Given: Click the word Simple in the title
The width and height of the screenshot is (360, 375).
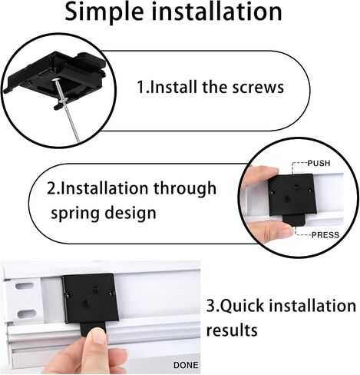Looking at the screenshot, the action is coord(104,13).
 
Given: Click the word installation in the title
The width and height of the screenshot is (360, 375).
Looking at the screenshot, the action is coord(217,12).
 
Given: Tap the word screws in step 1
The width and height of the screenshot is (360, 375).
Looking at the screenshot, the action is coord(258,88).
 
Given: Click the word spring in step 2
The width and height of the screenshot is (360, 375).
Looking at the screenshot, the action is coord(74,214).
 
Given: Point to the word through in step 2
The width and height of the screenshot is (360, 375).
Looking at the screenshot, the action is coord(185,188).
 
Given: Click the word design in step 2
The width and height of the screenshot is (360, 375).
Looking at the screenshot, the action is coord(130,213).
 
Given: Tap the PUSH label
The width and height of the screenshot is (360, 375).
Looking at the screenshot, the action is coord(319,163).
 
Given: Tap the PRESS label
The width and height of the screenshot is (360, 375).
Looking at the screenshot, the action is coord(325,235).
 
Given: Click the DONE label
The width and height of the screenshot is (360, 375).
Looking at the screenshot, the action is coord(186,365).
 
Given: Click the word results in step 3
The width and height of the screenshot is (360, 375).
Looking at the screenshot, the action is coord(232,330).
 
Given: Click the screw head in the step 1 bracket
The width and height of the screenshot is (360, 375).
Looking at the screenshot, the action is coord(55,81).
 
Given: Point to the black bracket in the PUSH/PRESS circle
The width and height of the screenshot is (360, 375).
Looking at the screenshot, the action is coord(292,195).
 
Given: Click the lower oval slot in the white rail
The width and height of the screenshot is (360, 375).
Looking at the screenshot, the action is coord(27,313).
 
